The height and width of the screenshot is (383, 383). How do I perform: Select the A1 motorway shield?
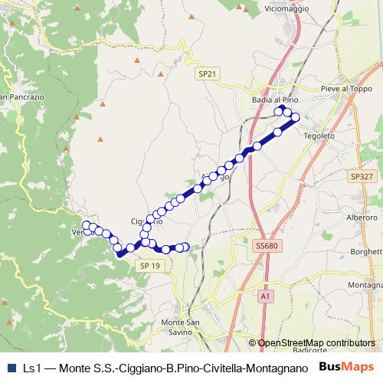tap(265, 295)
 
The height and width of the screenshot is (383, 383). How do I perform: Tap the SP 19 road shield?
tap(150, 265)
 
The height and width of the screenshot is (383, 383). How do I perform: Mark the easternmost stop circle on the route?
tap(295, 117)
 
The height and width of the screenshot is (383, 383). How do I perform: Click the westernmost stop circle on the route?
tap(87, 225)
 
